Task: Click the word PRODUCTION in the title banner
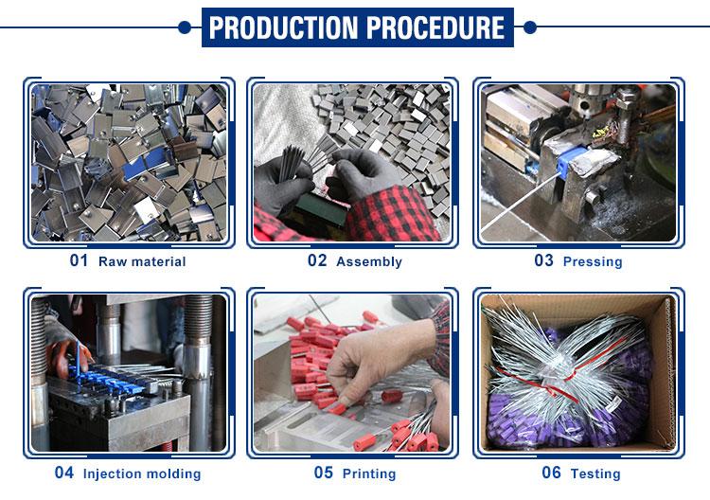(x=283, y=27)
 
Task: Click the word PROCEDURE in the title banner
(x=435, y=27)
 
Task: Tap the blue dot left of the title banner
(x=185, y=27)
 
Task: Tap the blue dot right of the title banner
(x=530, y=27)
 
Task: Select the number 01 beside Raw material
(x=79, y=260)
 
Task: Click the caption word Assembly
(x=369, y=261)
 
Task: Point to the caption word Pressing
(x=593, y=261)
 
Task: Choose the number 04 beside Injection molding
(x=63, y=473)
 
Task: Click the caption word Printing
(x=369, y=473)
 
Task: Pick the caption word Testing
(x=595, y=473)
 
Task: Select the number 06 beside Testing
(x=552, y=473)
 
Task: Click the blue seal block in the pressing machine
(x=571, y=163)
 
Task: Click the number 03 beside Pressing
(x=543, y=260)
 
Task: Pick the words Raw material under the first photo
(x=142, y=261)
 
